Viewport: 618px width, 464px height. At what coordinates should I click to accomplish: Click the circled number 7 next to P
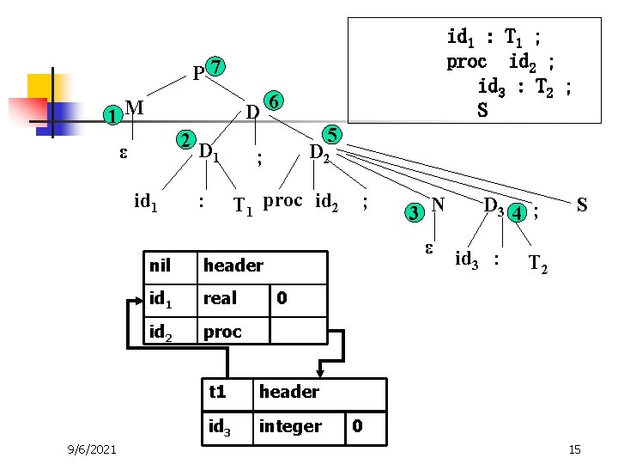pyautogui.click(x=218, y=67)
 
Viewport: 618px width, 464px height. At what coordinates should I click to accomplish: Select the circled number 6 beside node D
pyautogui.click(x=272, y=101)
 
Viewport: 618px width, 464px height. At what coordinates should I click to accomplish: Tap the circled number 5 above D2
pyautogui.click(x=331, y=135)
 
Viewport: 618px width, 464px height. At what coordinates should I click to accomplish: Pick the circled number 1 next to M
pyautogui.click(x=109, y=115)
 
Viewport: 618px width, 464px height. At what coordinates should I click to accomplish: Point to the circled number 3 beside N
pyautogui.click(x=415, y=211)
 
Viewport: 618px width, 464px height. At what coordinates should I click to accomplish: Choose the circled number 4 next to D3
pyautogui.click(x=518, y=211)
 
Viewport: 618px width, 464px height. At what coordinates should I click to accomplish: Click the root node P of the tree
pyautogui.click(x=198, y=74)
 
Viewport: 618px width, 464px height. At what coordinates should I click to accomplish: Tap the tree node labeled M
pyautogui.click(x=133, y=107)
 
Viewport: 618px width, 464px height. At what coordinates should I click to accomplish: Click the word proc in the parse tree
pyautogui.click(x=282, y=201)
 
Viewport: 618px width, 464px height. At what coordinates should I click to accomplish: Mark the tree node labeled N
pyautogui.click(x=438, y=205)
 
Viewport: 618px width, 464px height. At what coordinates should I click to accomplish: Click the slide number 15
pyautogui.click(x=574, y=449)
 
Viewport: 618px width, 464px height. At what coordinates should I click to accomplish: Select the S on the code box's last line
pyautogui.click(x=482, y=110)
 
